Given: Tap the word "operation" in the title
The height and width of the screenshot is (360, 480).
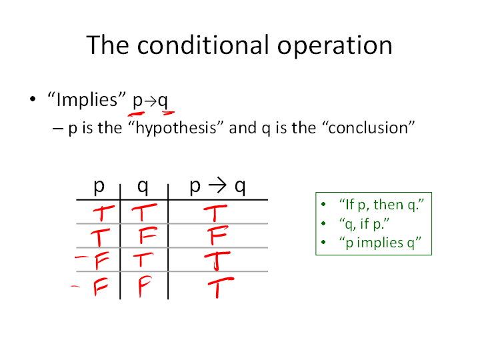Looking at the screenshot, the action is click(335, 47).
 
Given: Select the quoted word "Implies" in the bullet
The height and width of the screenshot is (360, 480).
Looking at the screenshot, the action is click(87, 99).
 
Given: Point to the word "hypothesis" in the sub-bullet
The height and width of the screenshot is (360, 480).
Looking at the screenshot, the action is click(176, 128).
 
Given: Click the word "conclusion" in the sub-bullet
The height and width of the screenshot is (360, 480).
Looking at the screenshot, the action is click(369, 127).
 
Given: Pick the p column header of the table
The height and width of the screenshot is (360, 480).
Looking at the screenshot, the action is click(99, 186).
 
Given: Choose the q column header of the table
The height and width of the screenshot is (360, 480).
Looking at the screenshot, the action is click(143, 186).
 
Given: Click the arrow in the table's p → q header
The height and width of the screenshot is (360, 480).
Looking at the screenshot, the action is click(217, 185).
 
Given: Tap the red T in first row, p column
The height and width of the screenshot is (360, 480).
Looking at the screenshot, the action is click(103, 213).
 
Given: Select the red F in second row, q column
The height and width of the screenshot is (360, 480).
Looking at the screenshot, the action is click(147, 235).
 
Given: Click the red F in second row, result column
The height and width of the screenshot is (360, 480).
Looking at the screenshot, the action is click(217, 235).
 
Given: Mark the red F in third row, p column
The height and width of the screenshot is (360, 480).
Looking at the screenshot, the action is click(101, 261).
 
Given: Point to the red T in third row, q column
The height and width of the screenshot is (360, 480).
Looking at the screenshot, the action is click(143, 259).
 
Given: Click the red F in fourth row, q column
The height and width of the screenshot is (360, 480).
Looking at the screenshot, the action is click(144, 286).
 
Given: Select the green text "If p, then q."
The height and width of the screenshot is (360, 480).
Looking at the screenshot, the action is click(381, 205).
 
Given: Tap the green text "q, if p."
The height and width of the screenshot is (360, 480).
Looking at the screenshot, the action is click(364, 224).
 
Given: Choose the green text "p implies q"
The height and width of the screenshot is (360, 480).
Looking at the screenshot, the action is click(380, 243).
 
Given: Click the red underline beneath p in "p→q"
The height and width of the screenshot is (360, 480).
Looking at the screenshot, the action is click(136, 115).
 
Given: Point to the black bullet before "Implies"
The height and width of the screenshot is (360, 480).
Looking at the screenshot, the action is click(33, 99).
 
